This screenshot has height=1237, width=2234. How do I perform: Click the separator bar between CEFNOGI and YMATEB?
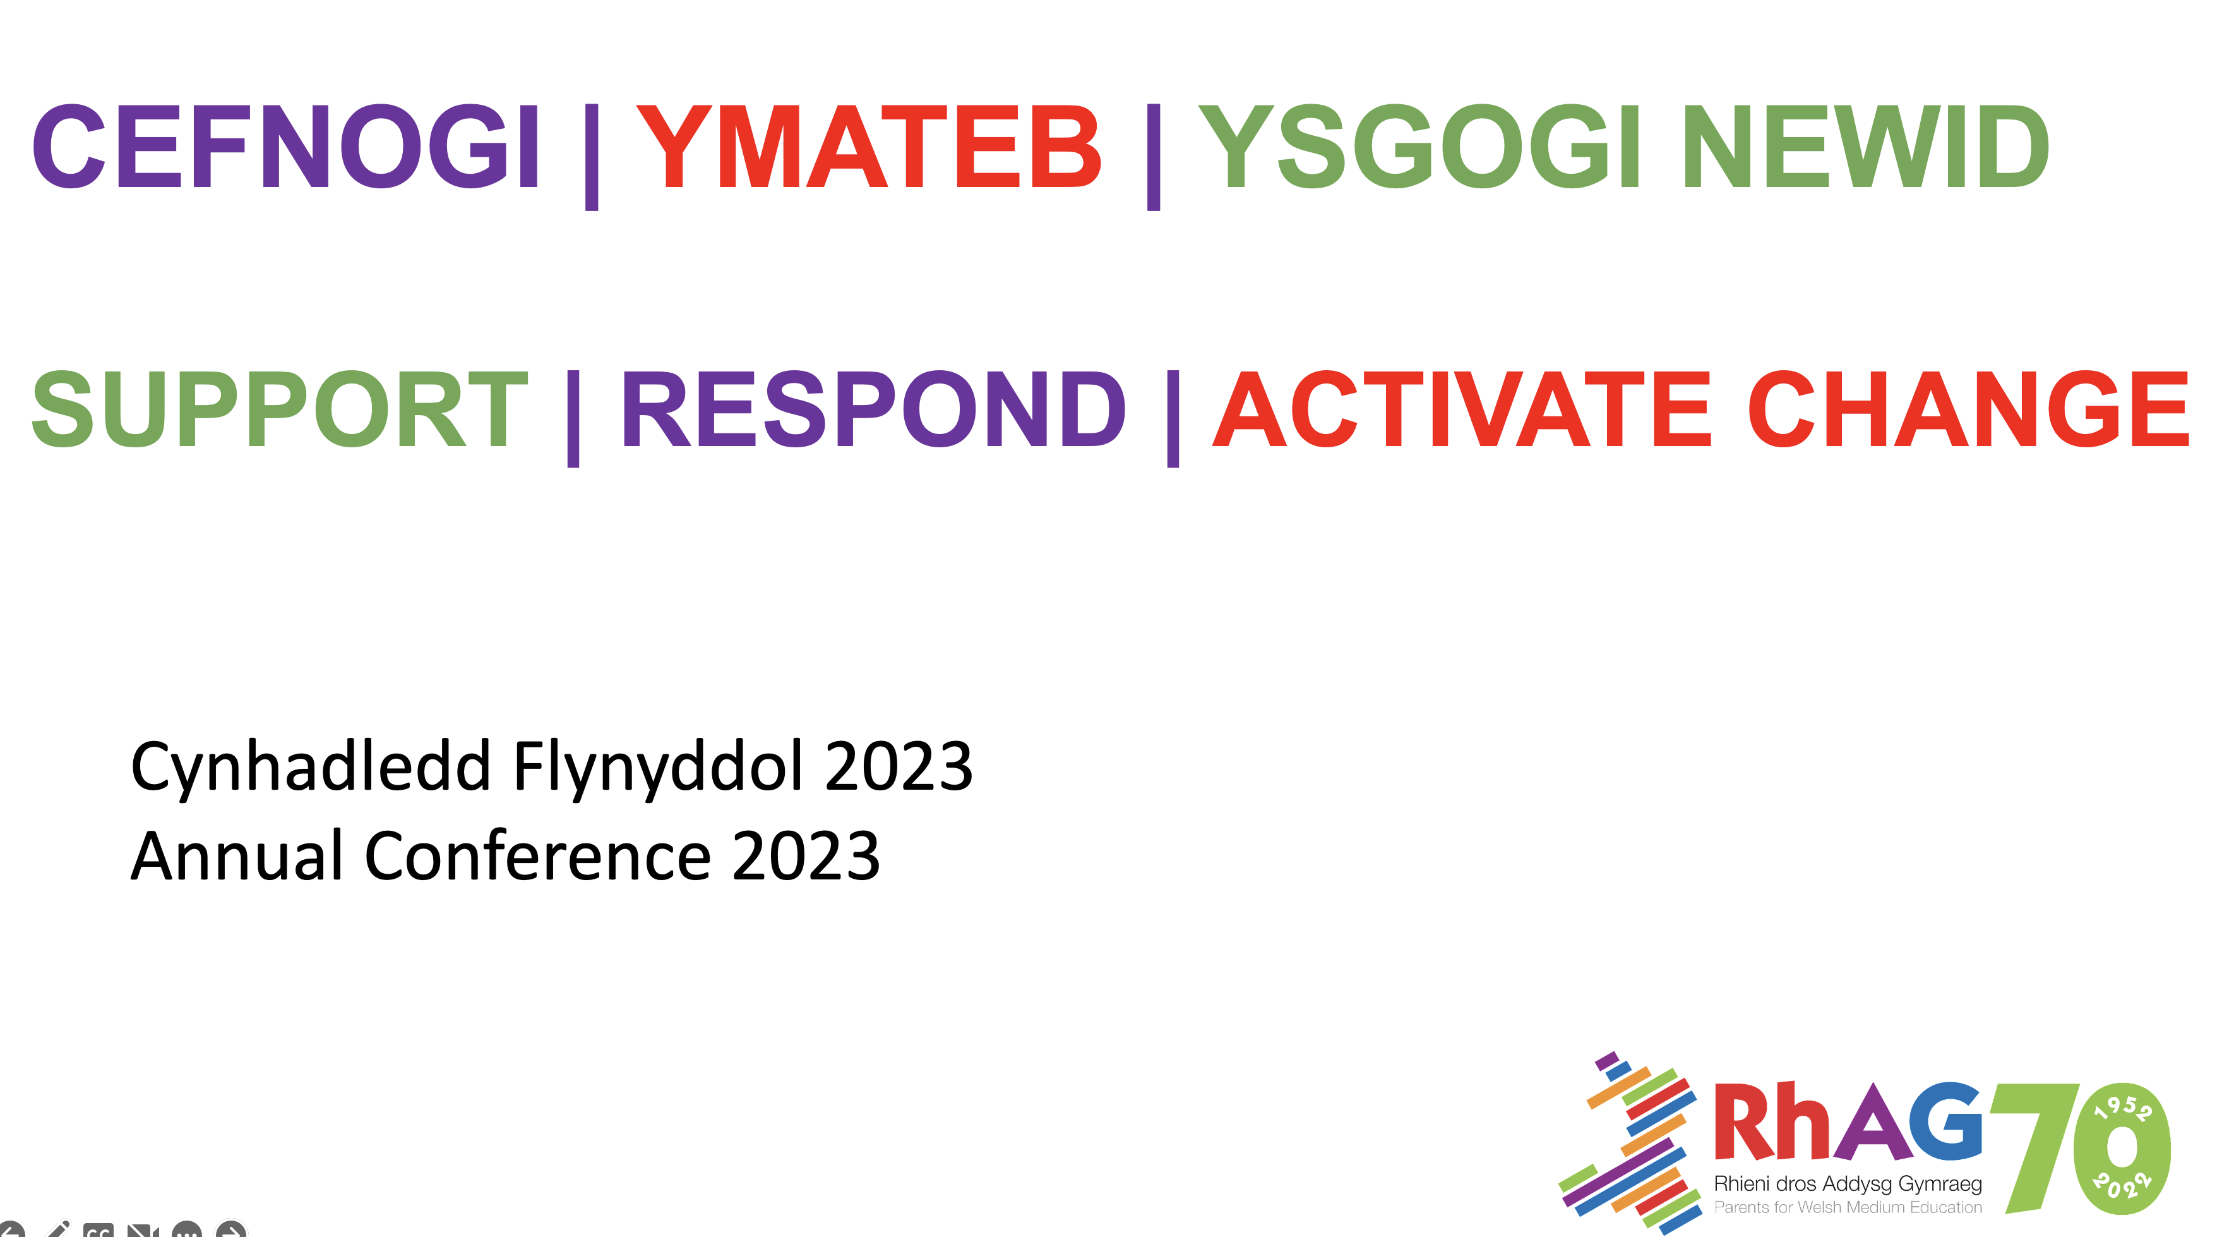tap(592, 156)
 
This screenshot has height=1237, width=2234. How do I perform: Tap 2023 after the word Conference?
tap(806, 856)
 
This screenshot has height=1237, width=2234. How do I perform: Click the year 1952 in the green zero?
tap(2123, 1107)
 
